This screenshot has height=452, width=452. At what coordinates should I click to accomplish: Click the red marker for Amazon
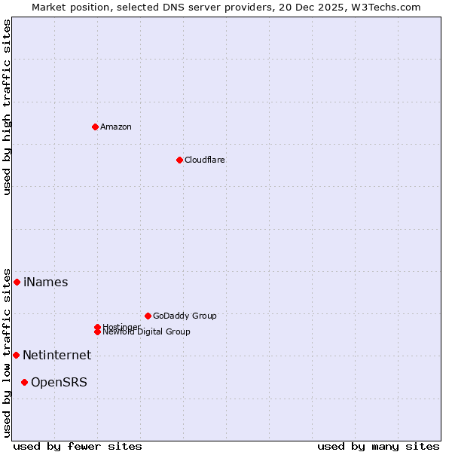coord(95,127)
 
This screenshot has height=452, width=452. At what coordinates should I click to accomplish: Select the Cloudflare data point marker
coord(179,160)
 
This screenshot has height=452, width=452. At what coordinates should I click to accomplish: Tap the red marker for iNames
coord(17,282)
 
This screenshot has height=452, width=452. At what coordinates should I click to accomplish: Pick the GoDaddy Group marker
coord(148,316)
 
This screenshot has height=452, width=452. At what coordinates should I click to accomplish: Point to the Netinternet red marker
coord(16,355)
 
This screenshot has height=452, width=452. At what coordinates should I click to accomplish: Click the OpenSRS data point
coord(24,382)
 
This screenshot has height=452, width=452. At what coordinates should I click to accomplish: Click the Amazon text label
coord(116,127)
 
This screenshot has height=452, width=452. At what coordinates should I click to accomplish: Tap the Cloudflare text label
coord(205,160)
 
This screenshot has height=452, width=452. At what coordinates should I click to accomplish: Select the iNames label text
coord(45,282)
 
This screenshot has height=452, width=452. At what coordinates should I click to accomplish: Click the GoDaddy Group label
coord(185,316)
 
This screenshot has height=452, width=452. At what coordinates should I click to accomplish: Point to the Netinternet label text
coord(56,356)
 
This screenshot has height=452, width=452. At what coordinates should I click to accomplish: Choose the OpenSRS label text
coord(59,383)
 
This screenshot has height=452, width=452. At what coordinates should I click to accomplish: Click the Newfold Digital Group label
coord(146,332)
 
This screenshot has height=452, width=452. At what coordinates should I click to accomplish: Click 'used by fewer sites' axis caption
coord(78,447)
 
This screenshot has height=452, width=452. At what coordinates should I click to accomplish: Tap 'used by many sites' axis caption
coord(378,447)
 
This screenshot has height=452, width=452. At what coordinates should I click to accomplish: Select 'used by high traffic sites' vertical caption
coord(7,107)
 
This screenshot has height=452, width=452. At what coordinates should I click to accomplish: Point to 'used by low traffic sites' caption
coord(7,352)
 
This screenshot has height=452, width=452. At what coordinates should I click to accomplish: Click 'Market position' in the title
coord(69,7)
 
